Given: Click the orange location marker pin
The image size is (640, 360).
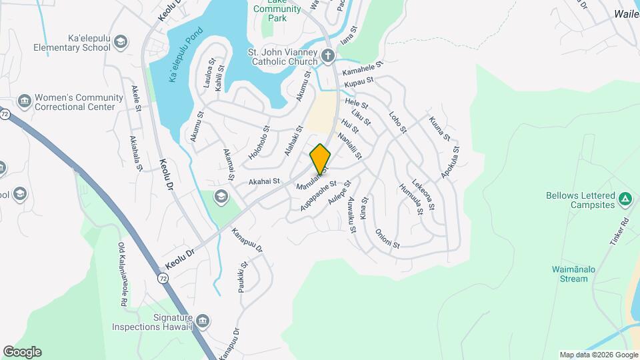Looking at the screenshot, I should (320, 159).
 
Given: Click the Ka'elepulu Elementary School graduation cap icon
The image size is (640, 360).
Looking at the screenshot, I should (120, 43).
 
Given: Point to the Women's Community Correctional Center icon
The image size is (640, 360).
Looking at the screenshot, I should (25, 101).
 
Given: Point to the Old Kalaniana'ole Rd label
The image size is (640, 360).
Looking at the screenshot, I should (123, 273).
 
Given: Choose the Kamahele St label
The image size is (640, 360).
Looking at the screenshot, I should (363, 69).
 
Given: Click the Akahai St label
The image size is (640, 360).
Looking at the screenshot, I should (263, 181).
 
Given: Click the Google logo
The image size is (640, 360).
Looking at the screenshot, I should (22, 352).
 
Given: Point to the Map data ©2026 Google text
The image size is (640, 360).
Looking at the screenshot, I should (598, 355).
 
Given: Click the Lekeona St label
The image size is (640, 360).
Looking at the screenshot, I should (424, 193).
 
